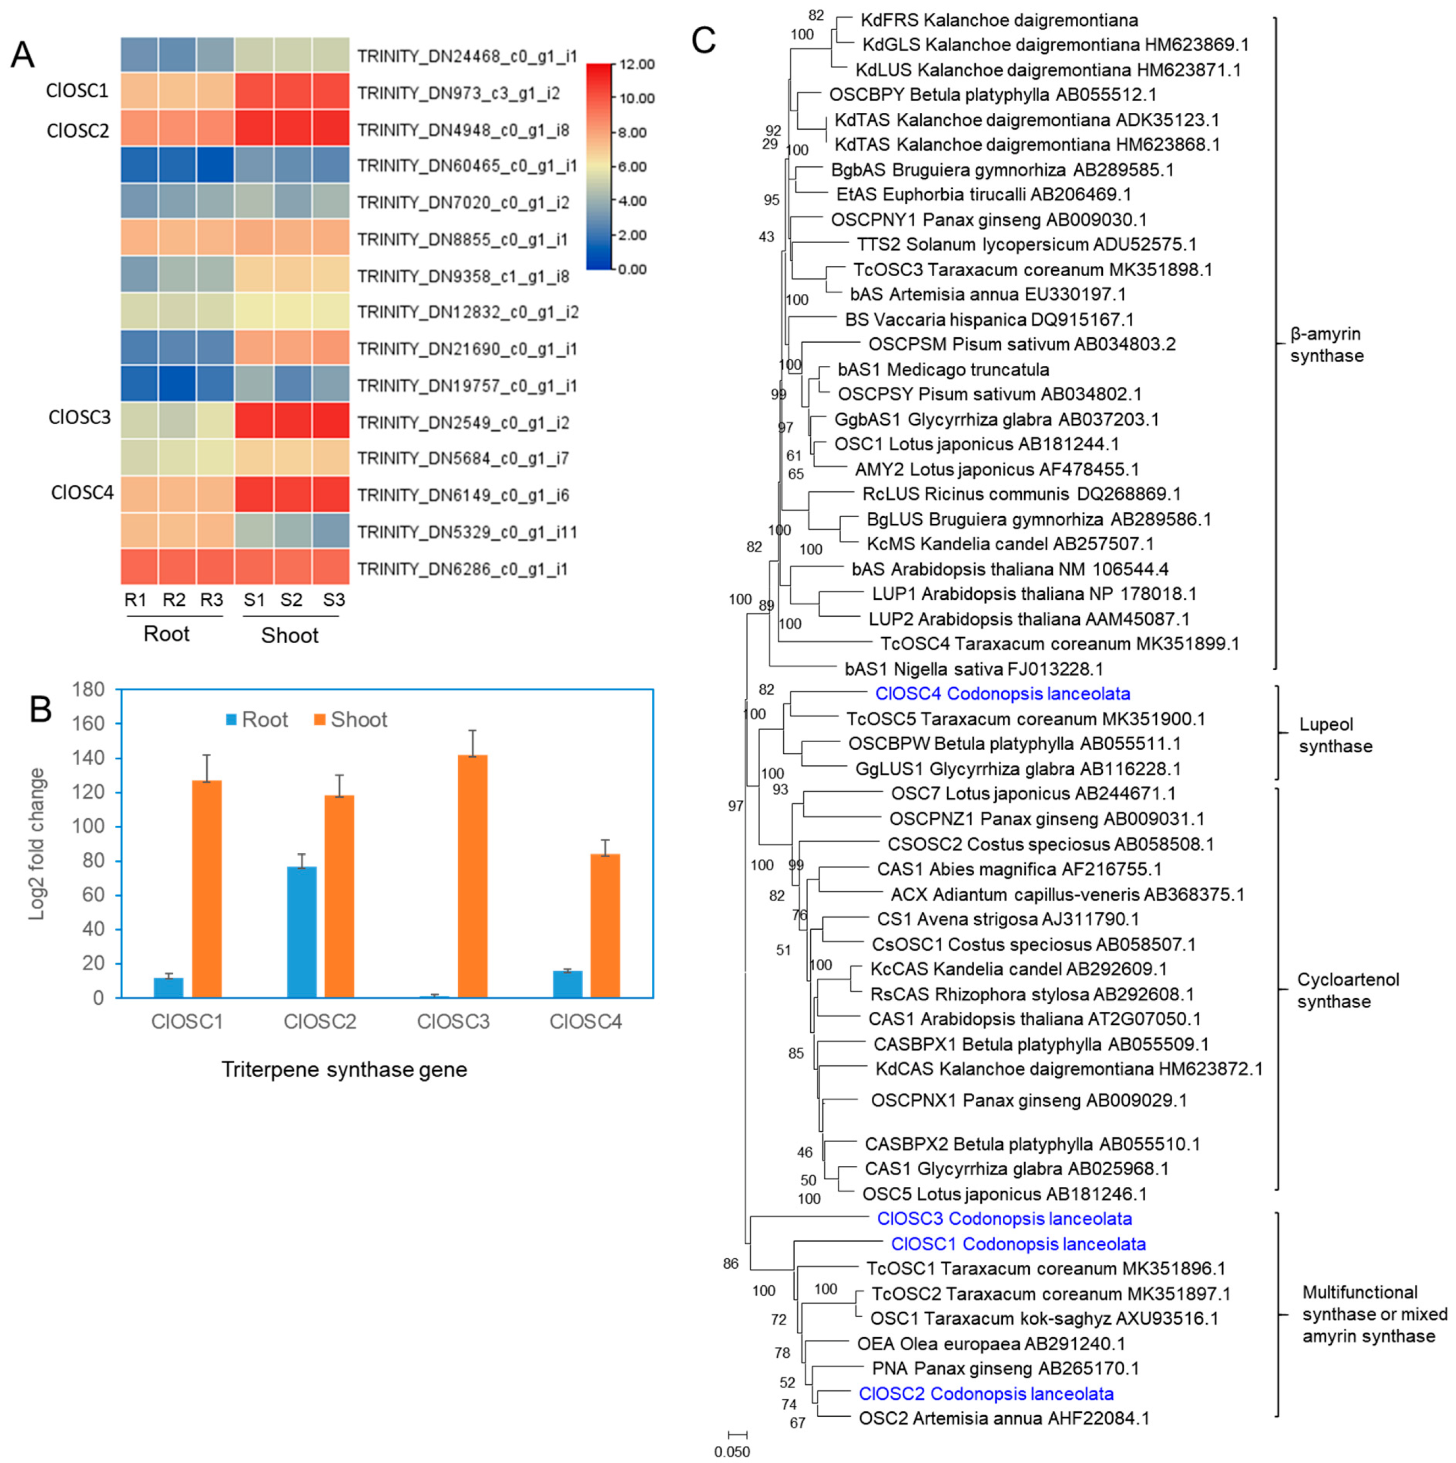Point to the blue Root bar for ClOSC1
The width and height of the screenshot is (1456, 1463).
coord(168,988)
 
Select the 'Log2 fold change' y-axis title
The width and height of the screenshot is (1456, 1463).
coord(36,845)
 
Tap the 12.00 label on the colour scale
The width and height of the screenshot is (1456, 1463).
coord(636,64)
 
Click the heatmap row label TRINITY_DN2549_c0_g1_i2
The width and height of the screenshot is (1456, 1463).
coord(463,423)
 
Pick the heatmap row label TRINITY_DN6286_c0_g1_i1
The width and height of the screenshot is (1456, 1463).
coord(462,569)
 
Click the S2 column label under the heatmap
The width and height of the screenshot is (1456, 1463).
coord(291,600)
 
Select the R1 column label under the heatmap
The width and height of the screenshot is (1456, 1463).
coord(135,600)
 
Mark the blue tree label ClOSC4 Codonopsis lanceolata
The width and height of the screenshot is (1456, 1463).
coord(1002,694)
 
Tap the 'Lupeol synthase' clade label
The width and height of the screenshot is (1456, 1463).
coord(1335,735)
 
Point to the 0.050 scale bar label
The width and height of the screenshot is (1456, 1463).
coord(732,1451)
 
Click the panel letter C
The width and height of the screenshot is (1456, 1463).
coord(704,40)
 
